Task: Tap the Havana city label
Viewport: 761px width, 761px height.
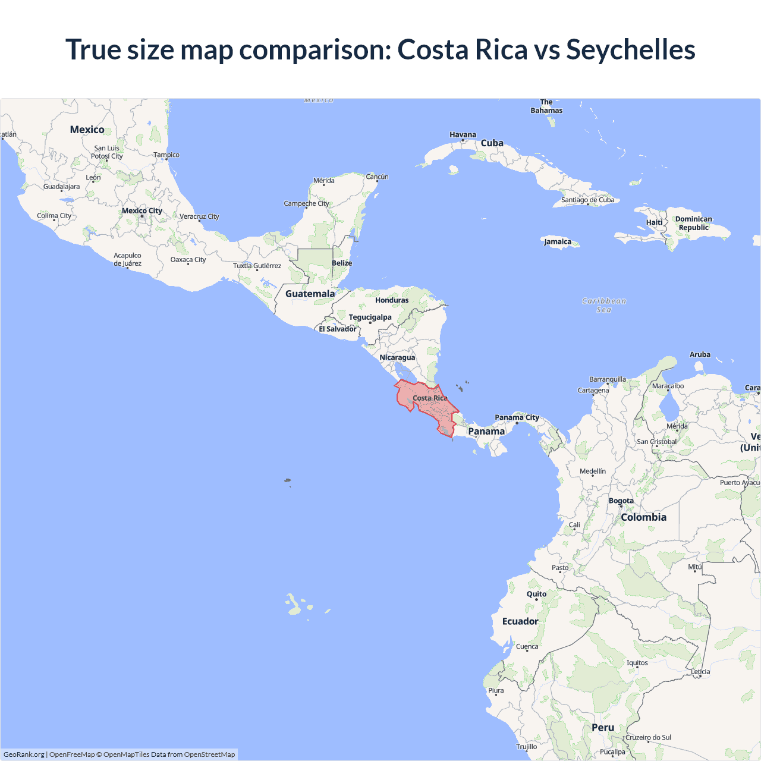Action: pos(463,135)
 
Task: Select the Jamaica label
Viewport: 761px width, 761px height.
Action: pos(558,241)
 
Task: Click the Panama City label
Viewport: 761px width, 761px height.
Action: pos(517,417)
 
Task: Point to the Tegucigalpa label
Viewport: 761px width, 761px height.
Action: pos(370,317)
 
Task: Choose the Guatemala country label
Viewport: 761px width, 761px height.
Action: pos(310,294)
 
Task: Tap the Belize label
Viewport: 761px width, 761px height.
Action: pos(342,263)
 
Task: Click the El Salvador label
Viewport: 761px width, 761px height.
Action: pos(337,329)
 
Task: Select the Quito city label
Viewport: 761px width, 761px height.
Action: pos(536,594)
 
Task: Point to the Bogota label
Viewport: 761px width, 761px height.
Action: pos(621,501)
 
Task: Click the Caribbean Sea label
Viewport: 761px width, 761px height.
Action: pos(603,305)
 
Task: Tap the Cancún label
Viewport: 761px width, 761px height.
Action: pos(377,177)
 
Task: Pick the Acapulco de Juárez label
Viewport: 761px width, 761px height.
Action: pos(127,259)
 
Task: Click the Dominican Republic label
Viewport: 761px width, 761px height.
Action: pos(693,223)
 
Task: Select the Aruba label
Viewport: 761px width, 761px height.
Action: pos(700,354)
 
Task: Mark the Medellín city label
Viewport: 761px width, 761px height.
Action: pos(593,471)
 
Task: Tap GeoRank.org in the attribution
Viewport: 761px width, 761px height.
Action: pos(24,754)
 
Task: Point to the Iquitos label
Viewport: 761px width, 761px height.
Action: pos(637,662)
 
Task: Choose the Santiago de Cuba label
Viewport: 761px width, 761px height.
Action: pos(587,200)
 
